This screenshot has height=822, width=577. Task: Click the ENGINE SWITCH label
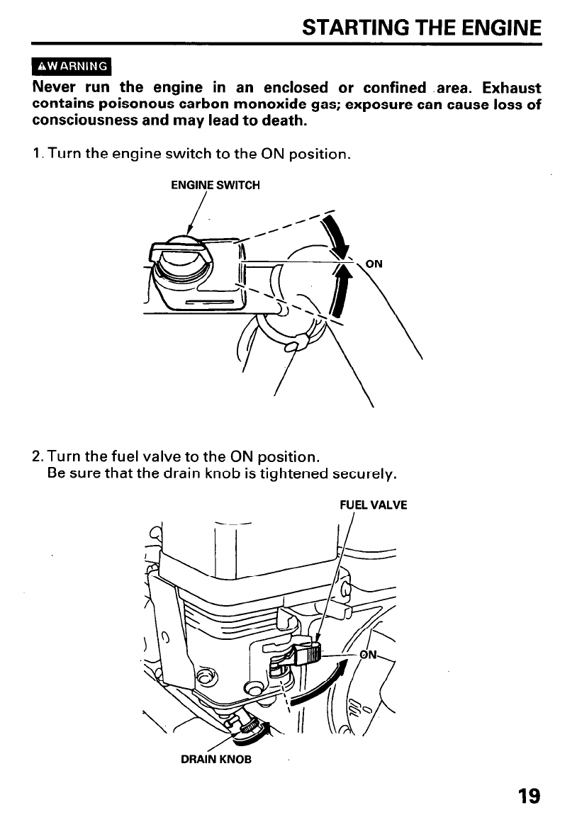click(x=215, y=186)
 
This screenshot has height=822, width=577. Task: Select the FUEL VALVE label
click(x=373, y=506)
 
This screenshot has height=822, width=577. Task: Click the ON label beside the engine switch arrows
click(x=374, y=264)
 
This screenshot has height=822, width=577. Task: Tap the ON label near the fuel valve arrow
click(x=369, y=655)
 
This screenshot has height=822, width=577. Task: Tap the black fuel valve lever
click(x=310, y=653)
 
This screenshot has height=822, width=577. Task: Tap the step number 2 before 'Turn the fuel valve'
click(x=38, y=454)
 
